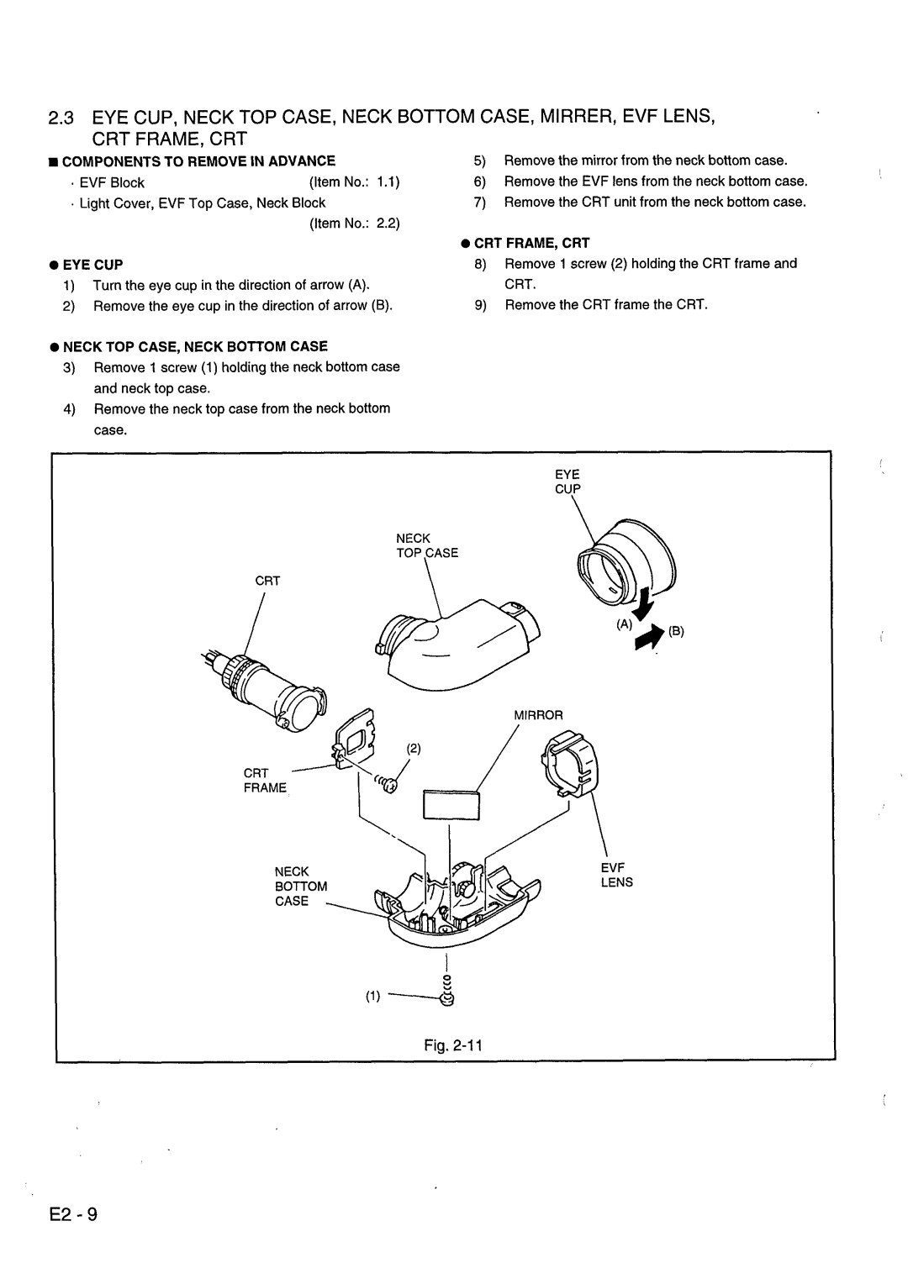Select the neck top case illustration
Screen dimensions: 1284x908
458,640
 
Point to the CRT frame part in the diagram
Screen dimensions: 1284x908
357,737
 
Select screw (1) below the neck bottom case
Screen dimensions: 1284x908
447,992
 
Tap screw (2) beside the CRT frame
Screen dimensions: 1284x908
388,784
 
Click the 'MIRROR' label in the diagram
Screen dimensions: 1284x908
538,714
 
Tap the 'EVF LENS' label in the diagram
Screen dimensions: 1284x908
616,874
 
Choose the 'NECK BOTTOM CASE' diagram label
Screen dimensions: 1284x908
293,886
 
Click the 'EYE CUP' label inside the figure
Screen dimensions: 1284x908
567,481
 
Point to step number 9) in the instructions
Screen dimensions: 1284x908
482,305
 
